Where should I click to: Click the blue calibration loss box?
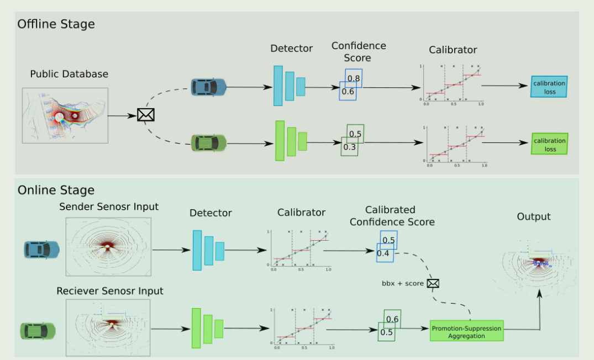tap(549, 87)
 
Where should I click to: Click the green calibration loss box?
tap(549, 145)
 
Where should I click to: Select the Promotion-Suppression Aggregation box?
tap(467, 332)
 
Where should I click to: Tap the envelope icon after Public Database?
tap(145, 115)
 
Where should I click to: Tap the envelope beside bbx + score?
tap(433, 283)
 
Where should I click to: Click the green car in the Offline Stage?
tap(208, 143)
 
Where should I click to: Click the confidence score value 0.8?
tap(354, 78)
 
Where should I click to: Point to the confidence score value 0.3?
tap(349, 147)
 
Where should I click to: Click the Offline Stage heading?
tap(56, 24)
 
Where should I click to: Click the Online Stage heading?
tap(56, 190)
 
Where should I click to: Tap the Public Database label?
tap(69, 74)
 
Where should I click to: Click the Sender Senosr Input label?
tap(109, 207)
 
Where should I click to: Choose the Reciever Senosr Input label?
tap(110, 290)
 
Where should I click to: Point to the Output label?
tap(533, 216)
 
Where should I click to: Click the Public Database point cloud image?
tap(65, 115)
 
